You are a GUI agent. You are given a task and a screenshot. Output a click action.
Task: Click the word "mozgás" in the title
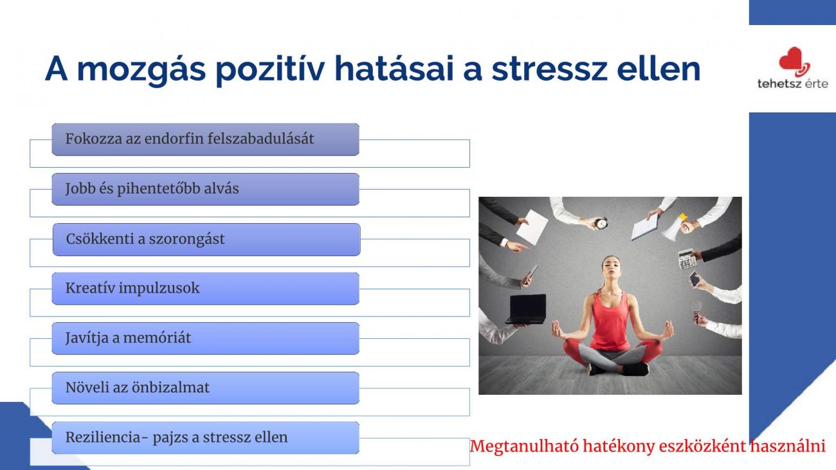(141, 69)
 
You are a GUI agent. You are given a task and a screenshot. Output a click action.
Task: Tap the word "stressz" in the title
(549, 69)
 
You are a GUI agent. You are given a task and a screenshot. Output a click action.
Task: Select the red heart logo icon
(794, 62)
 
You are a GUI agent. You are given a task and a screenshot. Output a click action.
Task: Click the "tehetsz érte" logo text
(793, 84)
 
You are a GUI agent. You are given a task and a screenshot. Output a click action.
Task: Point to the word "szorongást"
(187, 239)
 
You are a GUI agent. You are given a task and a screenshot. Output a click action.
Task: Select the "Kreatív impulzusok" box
(206, 288)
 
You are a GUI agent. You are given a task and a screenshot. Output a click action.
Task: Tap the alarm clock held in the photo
(601, 223)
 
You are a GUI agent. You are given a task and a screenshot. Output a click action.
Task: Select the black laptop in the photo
(526, 309)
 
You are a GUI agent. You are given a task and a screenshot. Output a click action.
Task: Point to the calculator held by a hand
(687, 260)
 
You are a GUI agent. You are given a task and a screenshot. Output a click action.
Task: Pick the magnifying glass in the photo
(696, 311)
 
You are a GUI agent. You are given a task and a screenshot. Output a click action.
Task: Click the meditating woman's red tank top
(610, 320)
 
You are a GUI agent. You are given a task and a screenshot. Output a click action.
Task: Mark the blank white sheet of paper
(532, 227)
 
